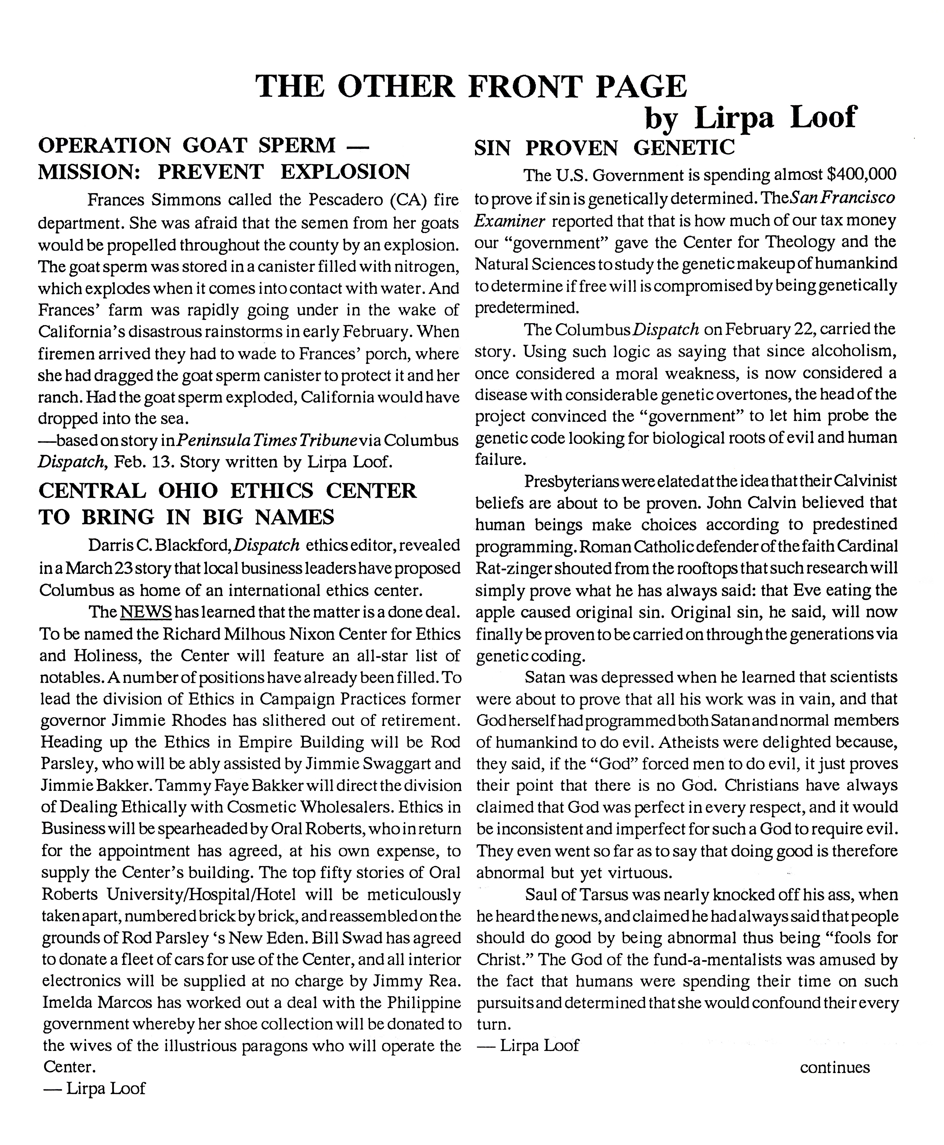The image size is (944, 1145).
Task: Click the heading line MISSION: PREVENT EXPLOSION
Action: pos(223,172)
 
